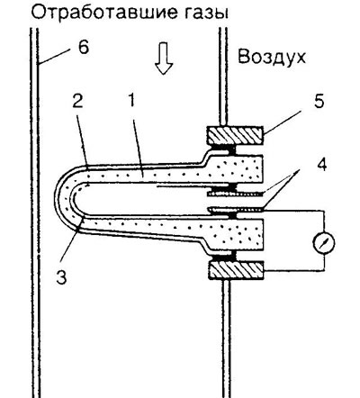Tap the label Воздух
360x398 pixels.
click(272, 57)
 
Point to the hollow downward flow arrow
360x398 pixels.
click(164, 59)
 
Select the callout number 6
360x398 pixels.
click(84, 47)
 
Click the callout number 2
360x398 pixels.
click(77, 103)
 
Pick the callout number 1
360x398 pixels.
click(131, 103)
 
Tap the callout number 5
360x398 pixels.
click(319, 102)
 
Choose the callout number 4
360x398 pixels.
click(321, 166)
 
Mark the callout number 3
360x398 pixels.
click(62, 276)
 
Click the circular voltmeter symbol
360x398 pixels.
click(324, 244)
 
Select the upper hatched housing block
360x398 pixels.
click(235, 135)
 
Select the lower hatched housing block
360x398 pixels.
click(237, 270)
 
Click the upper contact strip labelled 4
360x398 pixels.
click(235, 194)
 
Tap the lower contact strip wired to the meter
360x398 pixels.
click(235, 210)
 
